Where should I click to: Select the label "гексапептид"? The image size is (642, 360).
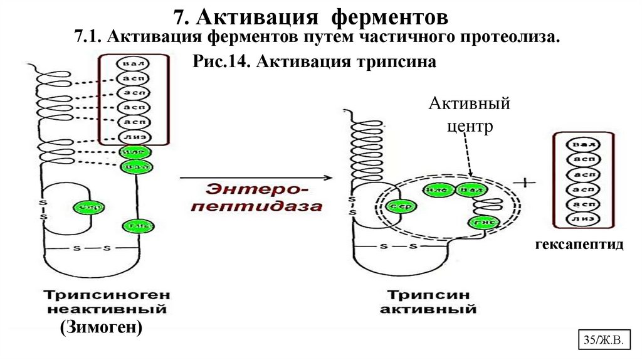click(579, 244)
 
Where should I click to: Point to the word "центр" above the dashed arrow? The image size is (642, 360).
click(470, 126)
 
